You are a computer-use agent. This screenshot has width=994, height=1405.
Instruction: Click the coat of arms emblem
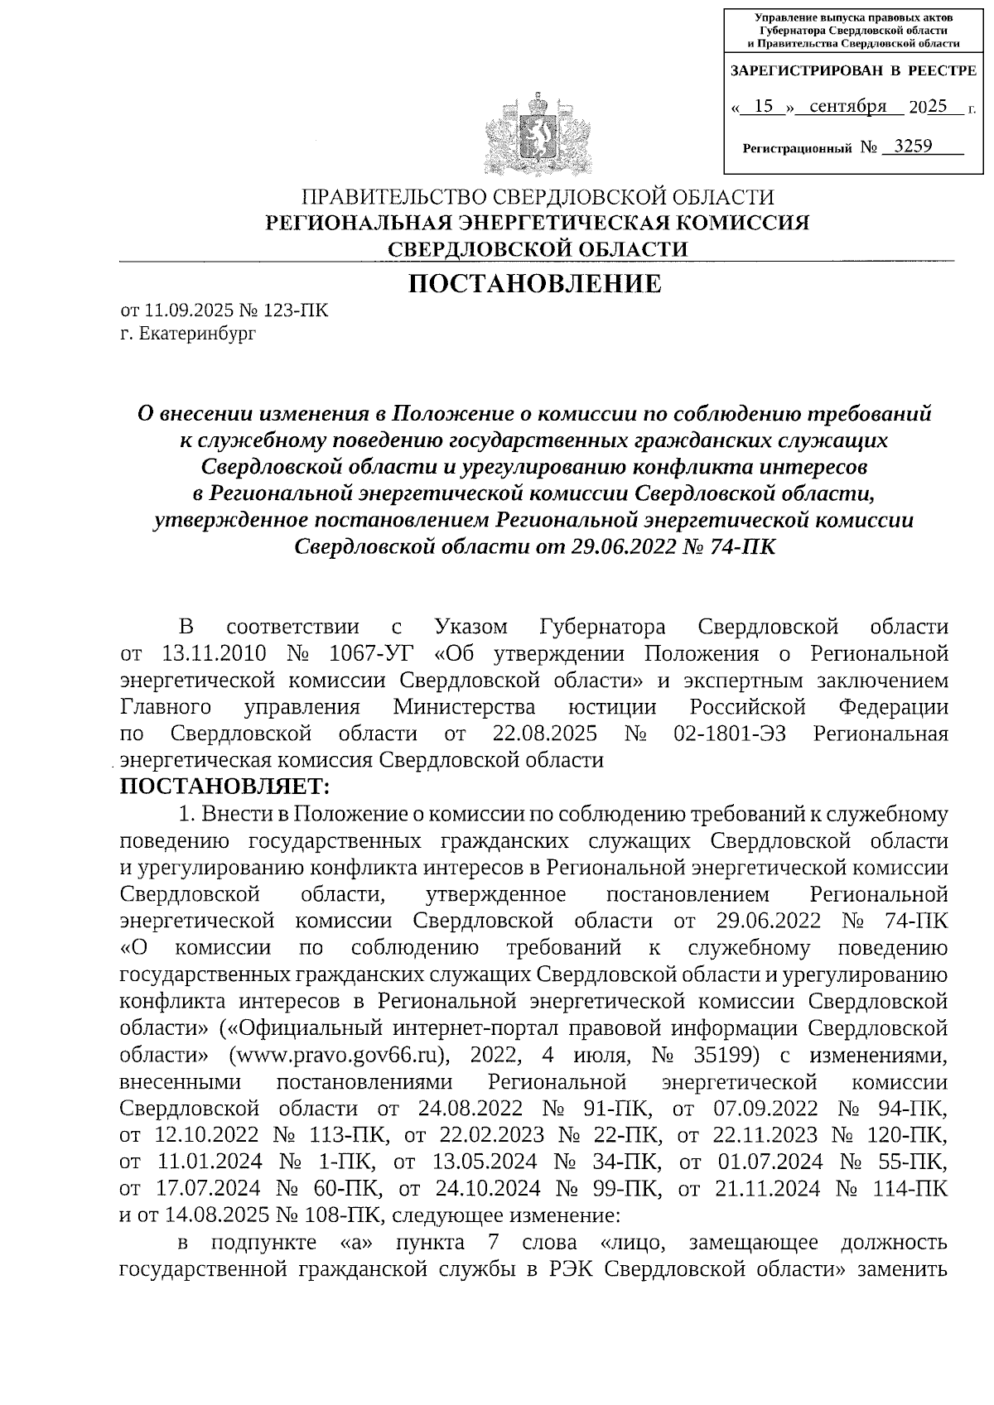[x=538, y=135]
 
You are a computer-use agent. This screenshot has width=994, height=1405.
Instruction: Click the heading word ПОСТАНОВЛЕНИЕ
[x=536, y=284]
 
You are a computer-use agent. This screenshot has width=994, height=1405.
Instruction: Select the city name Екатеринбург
[x=198, y=334]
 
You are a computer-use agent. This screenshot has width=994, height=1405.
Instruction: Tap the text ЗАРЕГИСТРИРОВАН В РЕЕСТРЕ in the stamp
[x=852, y=72]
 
